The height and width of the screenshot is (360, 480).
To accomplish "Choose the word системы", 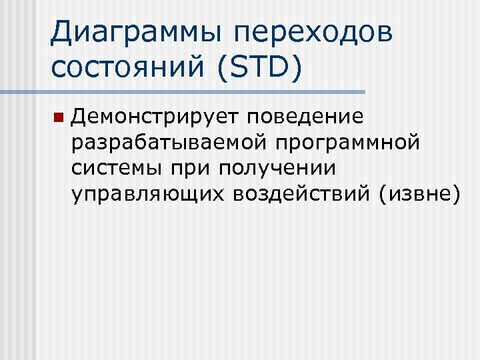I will click(x=118, y=167).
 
